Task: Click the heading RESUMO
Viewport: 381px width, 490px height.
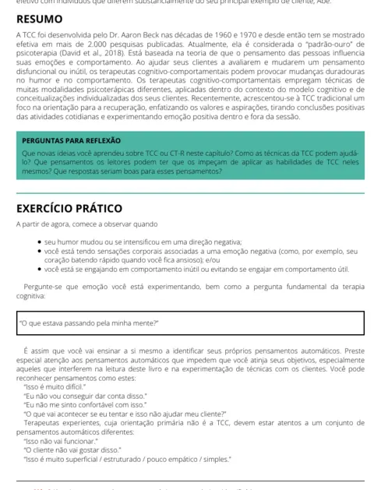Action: point(40,19)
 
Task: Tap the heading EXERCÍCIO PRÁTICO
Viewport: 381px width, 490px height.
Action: point(69,209)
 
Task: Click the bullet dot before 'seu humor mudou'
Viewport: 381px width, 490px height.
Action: point(39,241)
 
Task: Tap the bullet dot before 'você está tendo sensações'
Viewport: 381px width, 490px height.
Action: point(39,251)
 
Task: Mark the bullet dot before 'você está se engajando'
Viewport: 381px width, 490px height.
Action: point(39,269)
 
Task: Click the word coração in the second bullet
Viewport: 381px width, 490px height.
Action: point(62,260)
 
